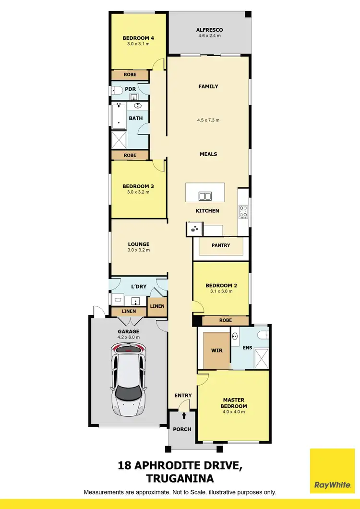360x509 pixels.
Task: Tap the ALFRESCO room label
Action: click(209, 30)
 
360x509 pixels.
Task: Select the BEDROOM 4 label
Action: click(138, 38)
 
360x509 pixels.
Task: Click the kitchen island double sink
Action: click(205, 196)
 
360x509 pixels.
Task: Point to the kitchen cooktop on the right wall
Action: click(243, 212)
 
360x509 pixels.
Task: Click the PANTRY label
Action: click(221, 245)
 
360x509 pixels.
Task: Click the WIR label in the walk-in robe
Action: click(217, 351)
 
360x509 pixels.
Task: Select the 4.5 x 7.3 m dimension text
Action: click(209, 120)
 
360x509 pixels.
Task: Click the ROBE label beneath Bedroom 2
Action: click(225, 320)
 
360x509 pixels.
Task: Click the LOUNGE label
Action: click(138, 244)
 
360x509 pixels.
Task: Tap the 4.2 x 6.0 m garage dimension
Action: click(129, 337)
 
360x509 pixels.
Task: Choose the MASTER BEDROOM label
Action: click(234, 403)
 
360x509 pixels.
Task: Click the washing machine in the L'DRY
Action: click(118, 300)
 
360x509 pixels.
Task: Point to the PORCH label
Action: click(182, 429)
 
